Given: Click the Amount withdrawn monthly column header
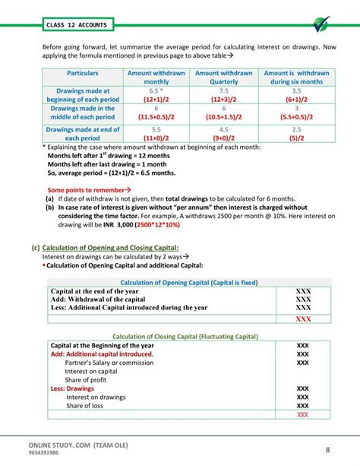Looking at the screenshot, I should [x=156, y=77].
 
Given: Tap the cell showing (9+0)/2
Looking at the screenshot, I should [x=223, y=138].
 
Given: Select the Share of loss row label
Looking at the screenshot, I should [x=90, y=406].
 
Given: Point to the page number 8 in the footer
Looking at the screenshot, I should [x=327, y=449].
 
